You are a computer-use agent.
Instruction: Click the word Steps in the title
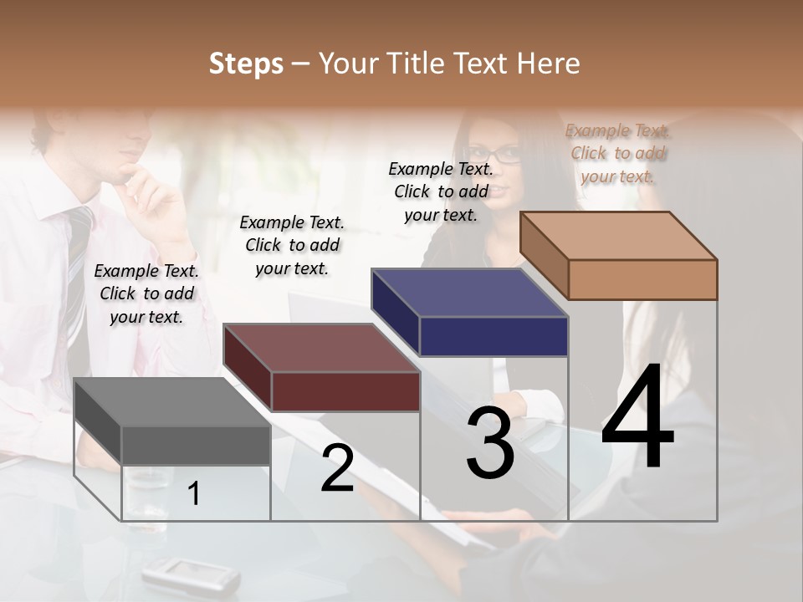coord(246,64)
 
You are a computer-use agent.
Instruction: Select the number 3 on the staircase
coord(490,443)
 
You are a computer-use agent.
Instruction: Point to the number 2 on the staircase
coord(337,468)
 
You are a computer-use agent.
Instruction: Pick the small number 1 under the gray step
coord(194,494)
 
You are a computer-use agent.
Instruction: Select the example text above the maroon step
coord(292,245)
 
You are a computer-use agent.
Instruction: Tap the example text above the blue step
coord(441,191)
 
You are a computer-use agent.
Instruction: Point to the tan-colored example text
coord(618,153)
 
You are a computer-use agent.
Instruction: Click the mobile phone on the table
coord(190,574)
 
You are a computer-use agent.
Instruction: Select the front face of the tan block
coord(642,279)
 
